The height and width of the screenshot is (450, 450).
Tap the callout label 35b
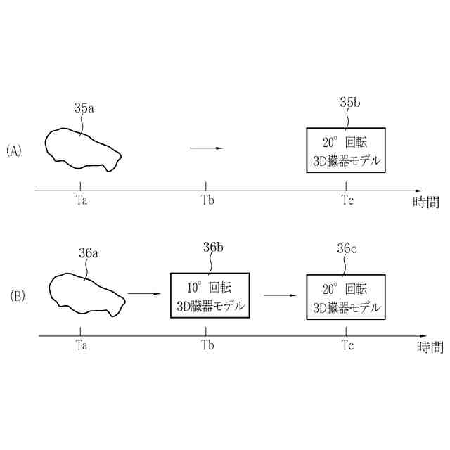pyautogui.click(x=349, y=103)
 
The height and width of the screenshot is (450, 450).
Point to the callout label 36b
pyautogui.click(x=213, y=247)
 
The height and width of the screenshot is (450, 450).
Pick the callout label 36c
pyautogui.click(x=347, y=248)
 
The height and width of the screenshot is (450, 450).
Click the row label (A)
pyautogui.click(x=14, y=150)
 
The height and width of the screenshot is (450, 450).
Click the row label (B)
pyautogui.click(x=18, y=296)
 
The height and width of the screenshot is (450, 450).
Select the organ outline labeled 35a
pyautogui.click(x=81, y=149)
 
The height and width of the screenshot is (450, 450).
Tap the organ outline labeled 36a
pyautogui.click(x=86, y=292)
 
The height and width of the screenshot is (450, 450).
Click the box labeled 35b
pyautogui.click(x=346, y=150)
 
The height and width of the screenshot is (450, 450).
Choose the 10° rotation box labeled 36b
pyautogui.click(x=210, y=295)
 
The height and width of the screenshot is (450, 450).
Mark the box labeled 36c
pyautogui.click(x=346, y=297)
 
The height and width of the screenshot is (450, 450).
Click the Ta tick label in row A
pyautogui.click(x=81, y=200)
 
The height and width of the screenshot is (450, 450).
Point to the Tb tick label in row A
pyautogui.click(x=207, y=200)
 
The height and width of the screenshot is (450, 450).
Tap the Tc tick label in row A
pyautogui.click(x=347, y=200)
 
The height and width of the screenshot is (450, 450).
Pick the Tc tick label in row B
pyautogui.click(x=347, y=345)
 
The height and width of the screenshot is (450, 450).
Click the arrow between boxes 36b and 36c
pyautogui.click(x=278, y=295)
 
